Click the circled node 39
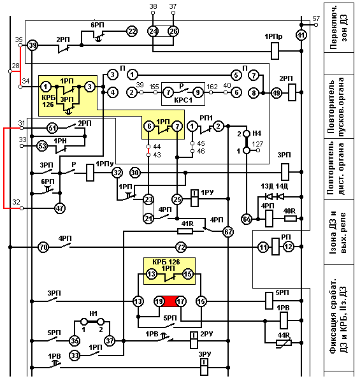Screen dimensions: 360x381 (x=32, y=45)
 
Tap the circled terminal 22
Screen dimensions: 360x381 (x=132, y=31)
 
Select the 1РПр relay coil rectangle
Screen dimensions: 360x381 (x=275, y=51)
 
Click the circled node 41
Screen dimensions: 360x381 (x=301, y=35)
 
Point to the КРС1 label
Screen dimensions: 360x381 (x=184, y=101)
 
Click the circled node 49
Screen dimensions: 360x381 (x=276, y=92)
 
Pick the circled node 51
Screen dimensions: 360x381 (x=52, y=128)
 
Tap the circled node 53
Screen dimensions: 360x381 (x=42, y=146)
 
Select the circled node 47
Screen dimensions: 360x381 (x=60, y=208)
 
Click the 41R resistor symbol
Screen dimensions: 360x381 (x=185, y=231)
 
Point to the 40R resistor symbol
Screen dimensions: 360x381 (x=291, y=219)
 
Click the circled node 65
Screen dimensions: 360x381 (x=247, y=219)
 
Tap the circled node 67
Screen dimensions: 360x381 (x=228, y=232)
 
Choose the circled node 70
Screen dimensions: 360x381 (x=43, y=247)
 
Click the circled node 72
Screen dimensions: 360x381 (x=181, y=247)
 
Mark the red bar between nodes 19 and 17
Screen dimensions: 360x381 (x=169, y=301)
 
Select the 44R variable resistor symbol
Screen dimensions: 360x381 (x=284, y=343)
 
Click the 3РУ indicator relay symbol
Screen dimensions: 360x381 (x=204, y=367)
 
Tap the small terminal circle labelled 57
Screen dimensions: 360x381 (x=316, y=25)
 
